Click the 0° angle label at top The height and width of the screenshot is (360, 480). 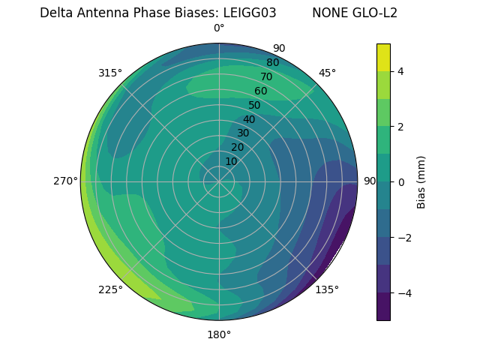point(219,28)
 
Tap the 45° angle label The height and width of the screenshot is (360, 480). point(327,73)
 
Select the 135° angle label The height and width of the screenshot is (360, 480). point(327,289)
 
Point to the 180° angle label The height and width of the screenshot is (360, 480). point(219,334)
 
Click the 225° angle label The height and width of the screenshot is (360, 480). point(110,289)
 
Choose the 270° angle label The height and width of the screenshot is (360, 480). point(66,181)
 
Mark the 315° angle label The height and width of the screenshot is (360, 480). point(110,73)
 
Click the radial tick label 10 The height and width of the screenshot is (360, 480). point(231,161)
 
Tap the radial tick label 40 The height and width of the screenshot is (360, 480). point(249,119)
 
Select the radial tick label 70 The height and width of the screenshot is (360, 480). point(266,76)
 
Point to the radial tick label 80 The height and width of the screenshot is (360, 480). point(272,62)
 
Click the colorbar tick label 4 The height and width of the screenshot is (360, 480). point(401,71)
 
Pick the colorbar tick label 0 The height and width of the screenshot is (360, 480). point(401,181)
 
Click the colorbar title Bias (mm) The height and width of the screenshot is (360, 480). point(421,181)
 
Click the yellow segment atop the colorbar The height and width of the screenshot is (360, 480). point(383,57)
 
